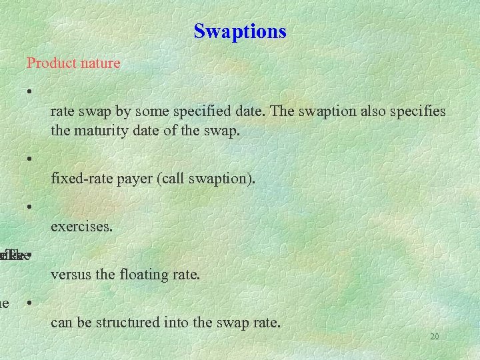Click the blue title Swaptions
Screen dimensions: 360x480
[x=240, y=31]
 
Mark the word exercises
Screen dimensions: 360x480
[x=81, y=227]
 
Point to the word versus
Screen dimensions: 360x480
[x=69, y=275]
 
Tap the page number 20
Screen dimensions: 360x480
[x=434, y=337]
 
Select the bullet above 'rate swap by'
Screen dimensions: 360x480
[x=30, y=91]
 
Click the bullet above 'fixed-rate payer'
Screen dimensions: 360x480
[x=30, y=159]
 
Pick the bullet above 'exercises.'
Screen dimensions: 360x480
[x=30, y=207]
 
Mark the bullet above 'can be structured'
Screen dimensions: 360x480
[x=30, y=303]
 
